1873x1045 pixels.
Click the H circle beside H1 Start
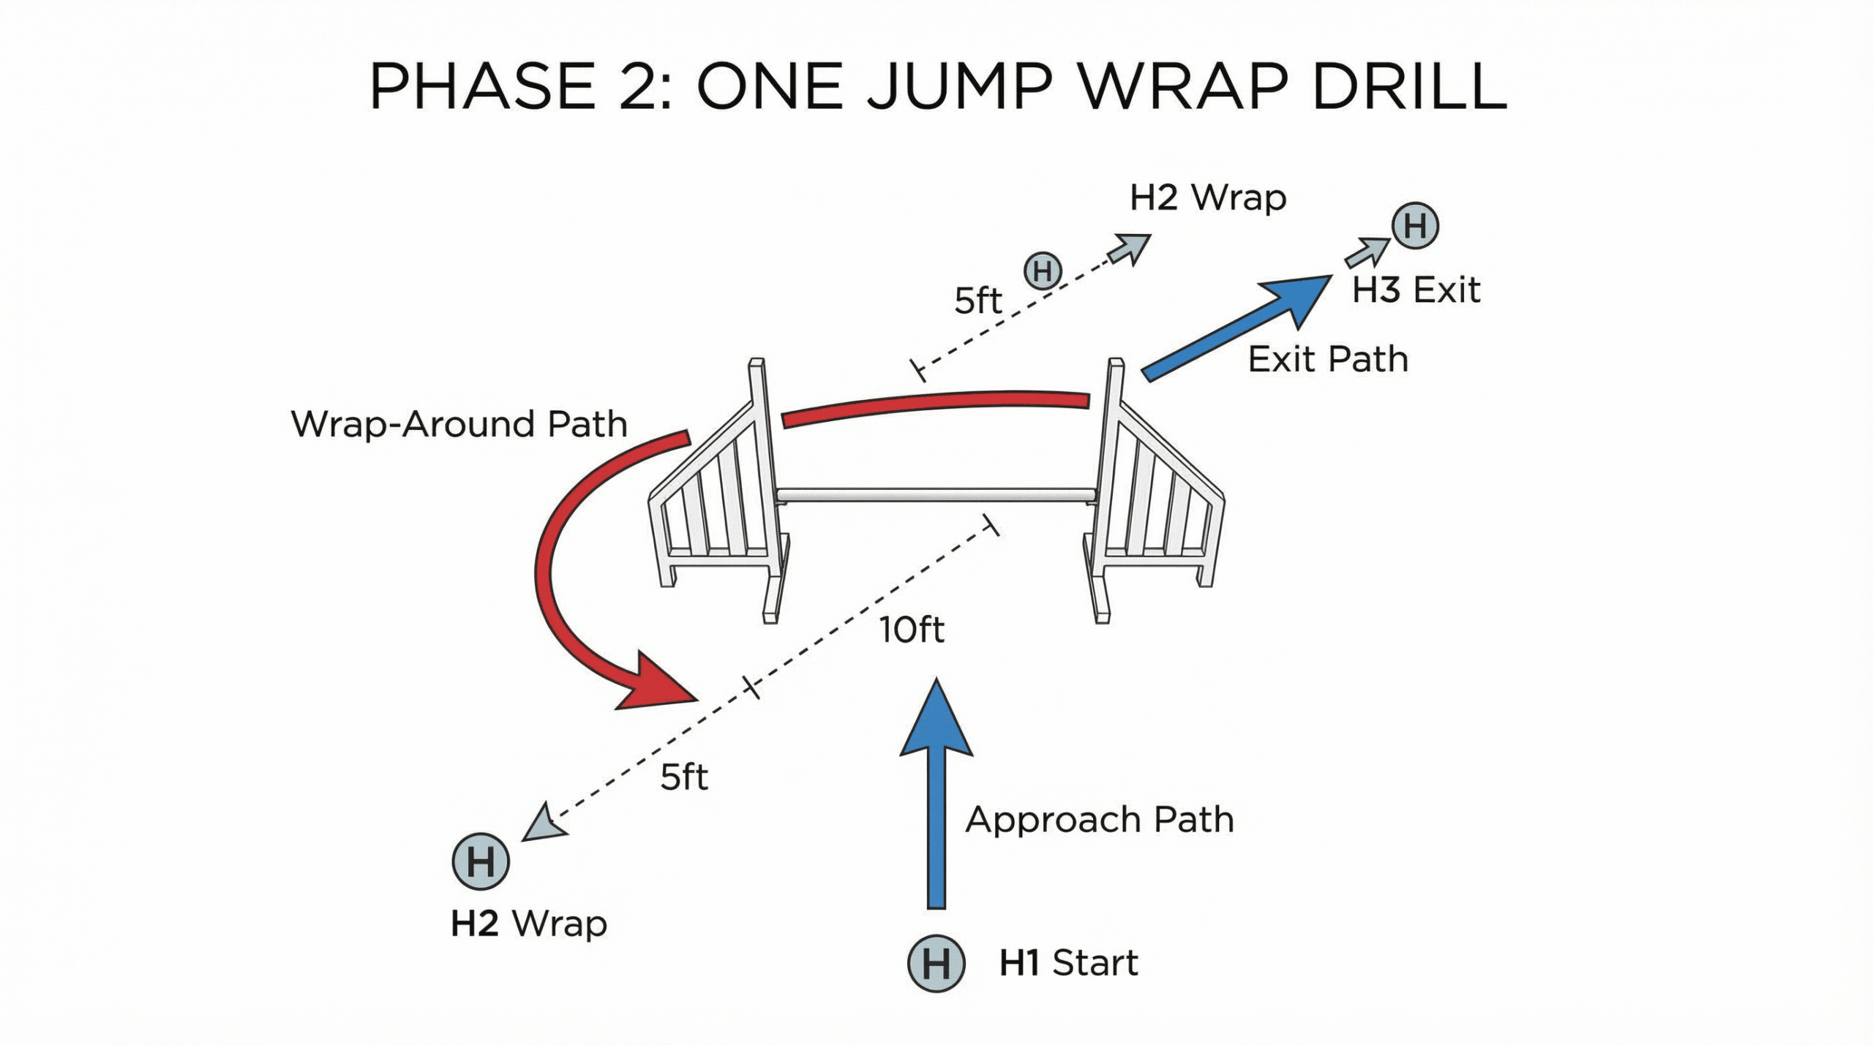coord(936,963)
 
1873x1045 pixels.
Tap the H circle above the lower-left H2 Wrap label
coord(481,861)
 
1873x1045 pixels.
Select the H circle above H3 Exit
coord(1415,225)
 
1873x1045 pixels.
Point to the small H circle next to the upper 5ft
coord(1043,271)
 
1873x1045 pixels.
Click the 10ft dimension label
coord(912,630)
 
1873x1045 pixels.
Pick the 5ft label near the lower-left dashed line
coord(684,777)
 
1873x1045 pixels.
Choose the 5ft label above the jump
coord(977,301)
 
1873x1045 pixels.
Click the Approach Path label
coord(1100,820)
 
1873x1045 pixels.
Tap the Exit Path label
coord(1328,359)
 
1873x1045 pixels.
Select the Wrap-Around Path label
coord(459,424)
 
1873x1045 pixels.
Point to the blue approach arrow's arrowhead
coord(936,720)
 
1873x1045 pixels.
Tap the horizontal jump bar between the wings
coord(936,495)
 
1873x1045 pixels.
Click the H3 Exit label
coord(1416,290)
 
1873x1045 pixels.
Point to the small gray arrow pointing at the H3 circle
coord(1367,252)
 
